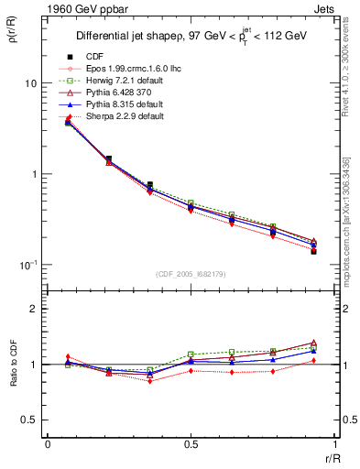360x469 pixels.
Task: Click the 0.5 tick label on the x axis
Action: pos(191,443)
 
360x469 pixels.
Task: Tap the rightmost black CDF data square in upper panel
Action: pos(313,251)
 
